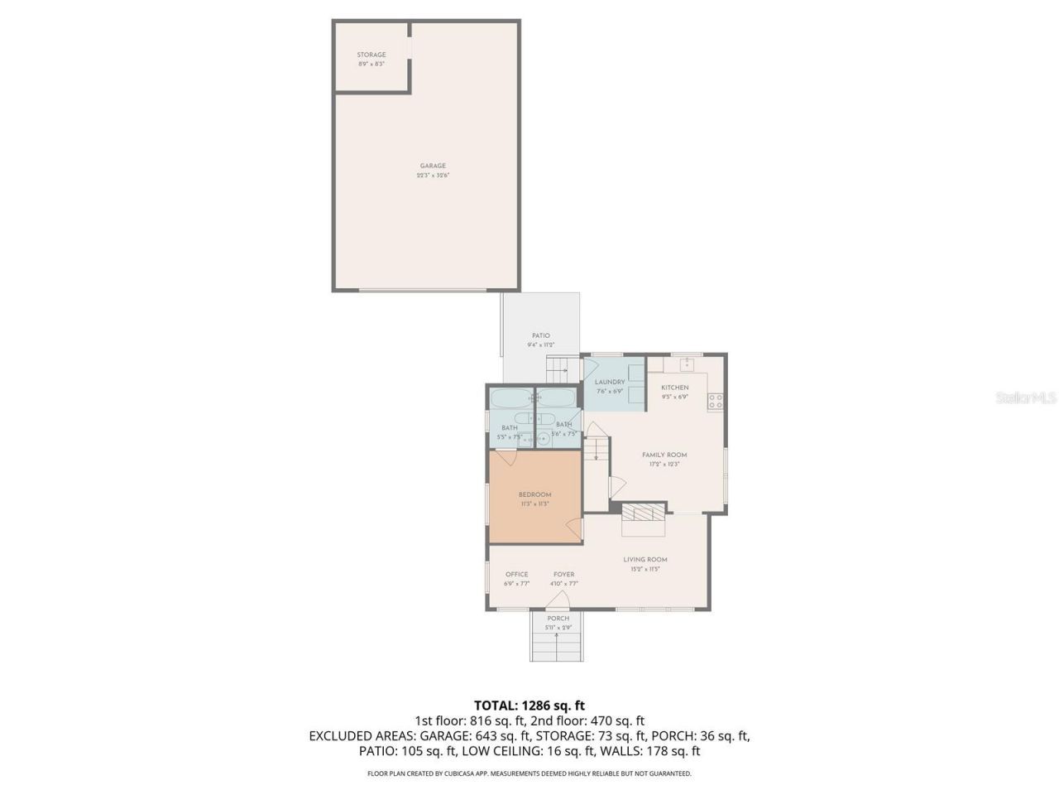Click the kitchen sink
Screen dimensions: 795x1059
click(x=688, y=363)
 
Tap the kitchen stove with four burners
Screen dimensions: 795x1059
click(x=716, y=402)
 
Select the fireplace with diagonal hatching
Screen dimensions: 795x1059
click(x=644, y=513)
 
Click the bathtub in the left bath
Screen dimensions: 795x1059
click(x=510, y=399)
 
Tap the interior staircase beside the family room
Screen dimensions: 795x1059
click(x=596, y=451)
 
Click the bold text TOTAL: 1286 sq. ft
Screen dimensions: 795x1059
click(x=529, y=706)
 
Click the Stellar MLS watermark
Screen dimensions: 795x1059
click(x=1026, y=398)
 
